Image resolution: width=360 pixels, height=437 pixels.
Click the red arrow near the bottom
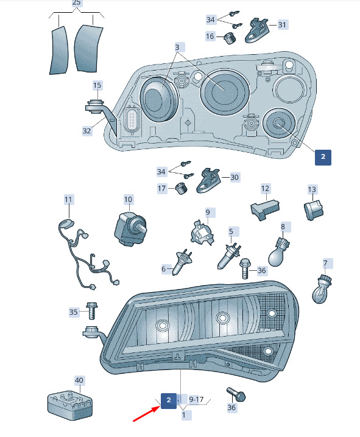coord(147,414)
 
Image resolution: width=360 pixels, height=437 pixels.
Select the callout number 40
coord(79,380)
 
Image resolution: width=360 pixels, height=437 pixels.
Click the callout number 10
coord(129,200)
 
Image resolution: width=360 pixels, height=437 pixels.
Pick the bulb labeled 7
coord(322,288)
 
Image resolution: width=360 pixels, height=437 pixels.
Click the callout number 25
coord(76,3)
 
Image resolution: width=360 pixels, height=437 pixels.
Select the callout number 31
coord(282,25)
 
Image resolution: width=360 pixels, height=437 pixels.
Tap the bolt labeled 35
coord(91,310)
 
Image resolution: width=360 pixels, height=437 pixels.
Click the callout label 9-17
coord(196,399)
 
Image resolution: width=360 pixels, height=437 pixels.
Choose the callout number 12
coord(265,189)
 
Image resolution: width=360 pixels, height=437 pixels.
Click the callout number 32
coord(86,131)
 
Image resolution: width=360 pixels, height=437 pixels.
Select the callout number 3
coord(177,47)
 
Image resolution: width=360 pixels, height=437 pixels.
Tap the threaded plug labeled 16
coord(230,38)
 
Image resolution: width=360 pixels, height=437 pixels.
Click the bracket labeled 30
coord(208,181)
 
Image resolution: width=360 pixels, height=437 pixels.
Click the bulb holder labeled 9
coord(202,232)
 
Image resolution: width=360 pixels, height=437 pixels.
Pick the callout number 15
coord(97,85)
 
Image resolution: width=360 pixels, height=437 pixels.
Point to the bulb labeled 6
coord(182,262)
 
